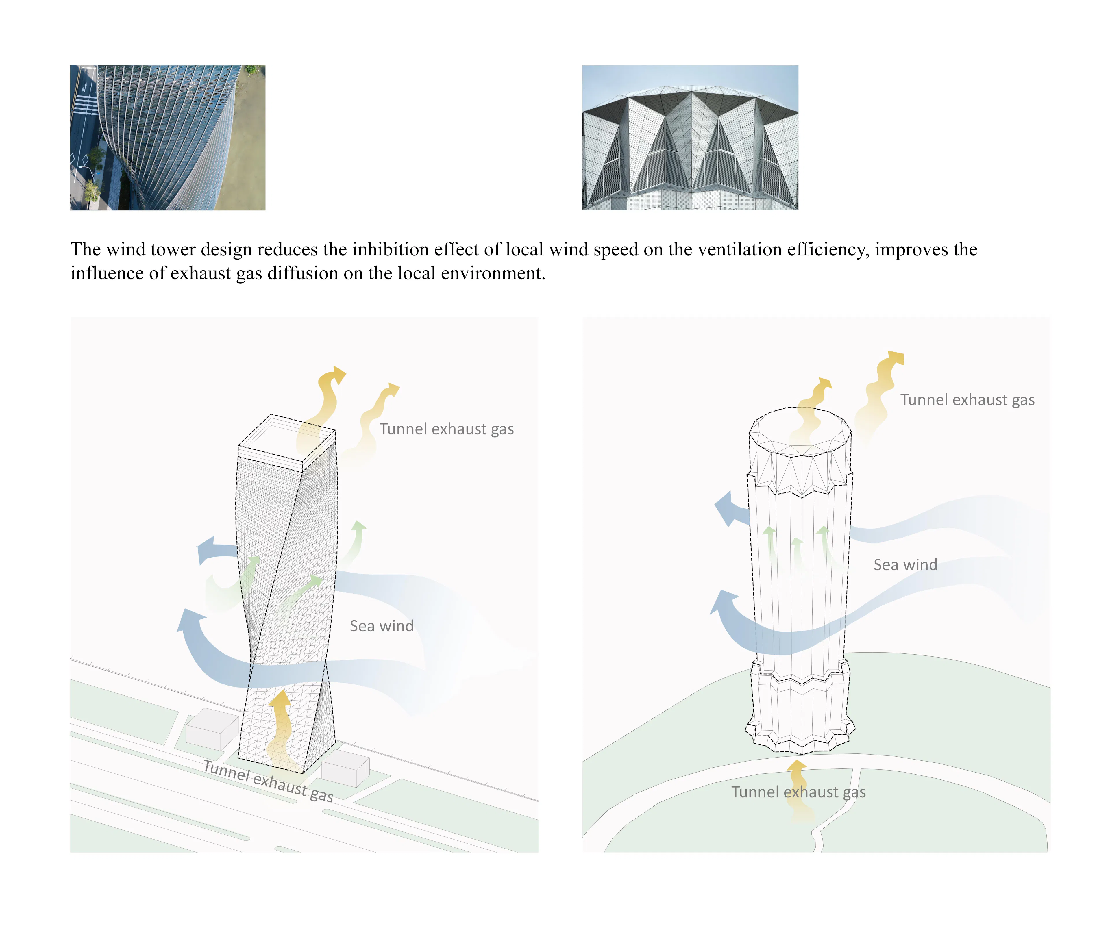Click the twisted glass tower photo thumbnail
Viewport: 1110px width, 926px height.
coord(168,137)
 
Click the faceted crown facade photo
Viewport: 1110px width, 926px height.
coord(690,137)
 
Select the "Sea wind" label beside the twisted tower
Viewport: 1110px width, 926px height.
coord(382,626)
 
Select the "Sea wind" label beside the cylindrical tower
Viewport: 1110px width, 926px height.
coord(905,564)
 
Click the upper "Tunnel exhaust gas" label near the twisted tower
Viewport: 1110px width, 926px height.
coord(446,429)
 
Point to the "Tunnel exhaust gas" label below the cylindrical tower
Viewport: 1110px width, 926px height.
coord(798,792)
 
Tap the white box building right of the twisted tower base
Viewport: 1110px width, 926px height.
coord(345,769)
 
